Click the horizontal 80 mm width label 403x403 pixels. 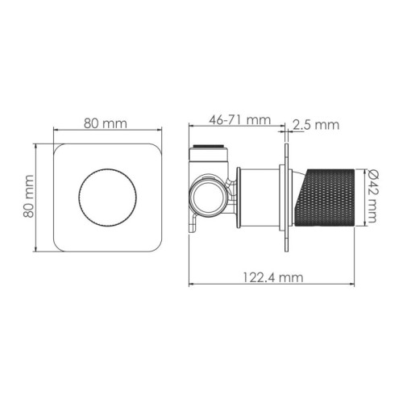(106, 123)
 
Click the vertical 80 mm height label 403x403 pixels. (28, 196)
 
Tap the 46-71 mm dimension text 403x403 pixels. (240, 120)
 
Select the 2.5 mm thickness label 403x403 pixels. (316, 125)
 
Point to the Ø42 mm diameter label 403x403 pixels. (372, 197)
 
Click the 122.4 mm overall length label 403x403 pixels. (273, 277)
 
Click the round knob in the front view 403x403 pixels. (107, 197)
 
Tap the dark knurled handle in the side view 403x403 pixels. (325, 197)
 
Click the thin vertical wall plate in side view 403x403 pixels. (287, 197)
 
